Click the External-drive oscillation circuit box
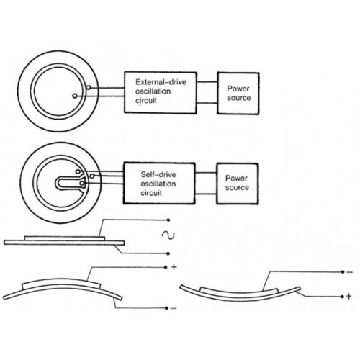161,92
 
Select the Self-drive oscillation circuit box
159,184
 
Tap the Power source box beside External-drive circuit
238,93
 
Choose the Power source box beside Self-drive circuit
238,184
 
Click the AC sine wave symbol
168,235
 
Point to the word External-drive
161,82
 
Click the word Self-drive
158,174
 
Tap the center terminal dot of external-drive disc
75,96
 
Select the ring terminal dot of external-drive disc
89,88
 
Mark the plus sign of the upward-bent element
174,267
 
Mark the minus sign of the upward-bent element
174,308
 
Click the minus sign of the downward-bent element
350,272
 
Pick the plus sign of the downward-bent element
348,296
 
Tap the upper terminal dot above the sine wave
168,220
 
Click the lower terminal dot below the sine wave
168,253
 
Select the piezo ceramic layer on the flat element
65,238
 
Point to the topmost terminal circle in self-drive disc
78,171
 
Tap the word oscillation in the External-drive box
153,91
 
